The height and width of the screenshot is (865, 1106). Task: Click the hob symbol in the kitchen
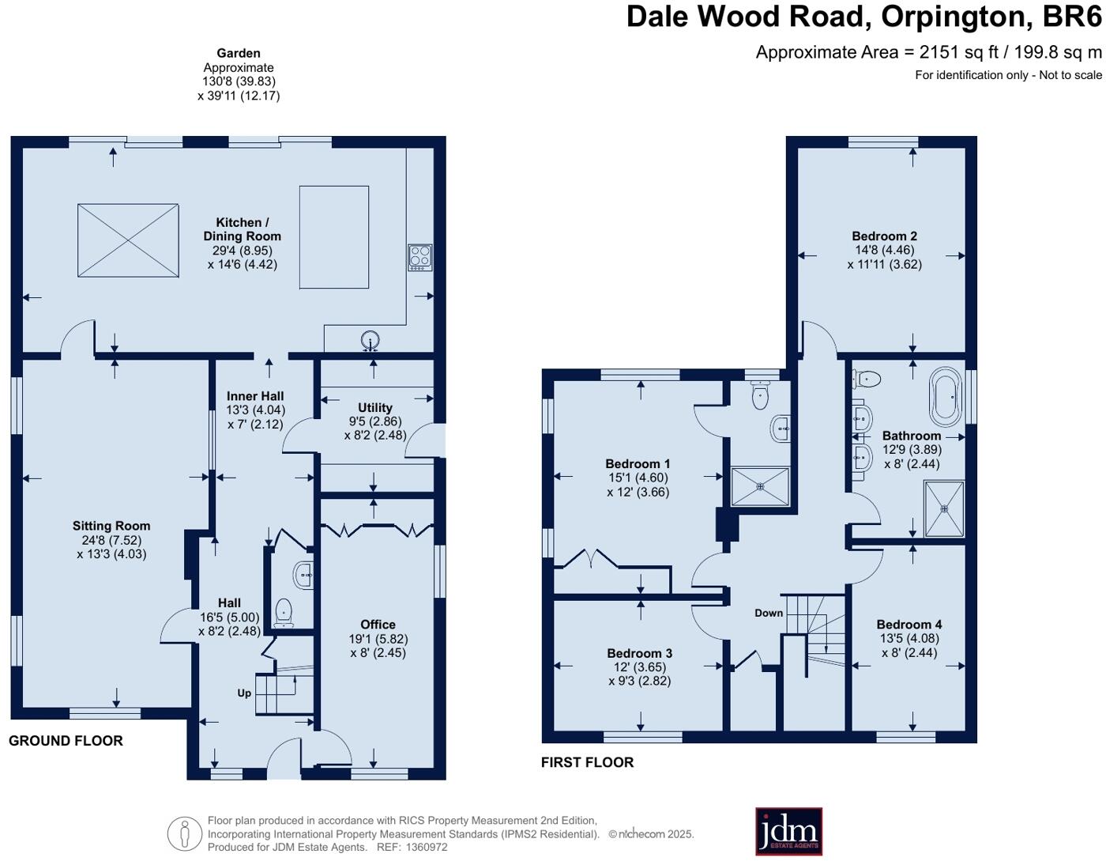coord(419,258)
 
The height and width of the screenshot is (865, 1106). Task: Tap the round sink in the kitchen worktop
coord(370,342)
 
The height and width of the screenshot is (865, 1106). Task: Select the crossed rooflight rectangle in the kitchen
coord(128,240)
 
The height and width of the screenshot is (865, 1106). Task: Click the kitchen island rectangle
coord(334,237)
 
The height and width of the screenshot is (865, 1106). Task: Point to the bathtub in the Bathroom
coord(945,396)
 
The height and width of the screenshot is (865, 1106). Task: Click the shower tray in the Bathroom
coord(944,508)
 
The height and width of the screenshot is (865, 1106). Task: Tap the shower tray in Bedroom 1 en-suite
coord(760,486)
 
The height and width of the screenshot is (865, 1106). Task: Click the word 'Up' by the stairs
coord(244,693)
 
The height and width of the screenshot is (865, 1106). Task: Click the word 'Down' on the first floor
coord(768,613)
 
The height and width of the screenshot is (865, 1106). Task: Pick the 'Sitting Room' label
coord(111,526)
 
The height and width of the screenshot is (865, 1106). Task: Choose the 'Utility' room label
coord(375,408)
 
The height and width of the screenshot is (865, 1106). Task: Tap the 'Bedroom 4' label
coord(908,625)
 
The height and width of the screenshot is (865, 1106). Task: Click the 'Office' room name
coord(378,625)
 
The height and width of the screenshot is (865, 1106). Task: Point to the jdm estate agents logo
coord(788,831)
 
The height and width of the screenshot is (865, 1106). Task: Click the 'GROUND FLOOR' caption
coord(66,741)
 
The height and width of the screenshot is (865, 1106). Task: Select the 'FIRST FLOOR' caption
coord(587,762)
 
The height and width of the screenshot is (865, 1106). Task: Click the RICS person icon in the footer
coord(185,833)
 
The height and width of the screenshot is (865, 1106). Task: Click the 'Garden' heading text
coord(239,54)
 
